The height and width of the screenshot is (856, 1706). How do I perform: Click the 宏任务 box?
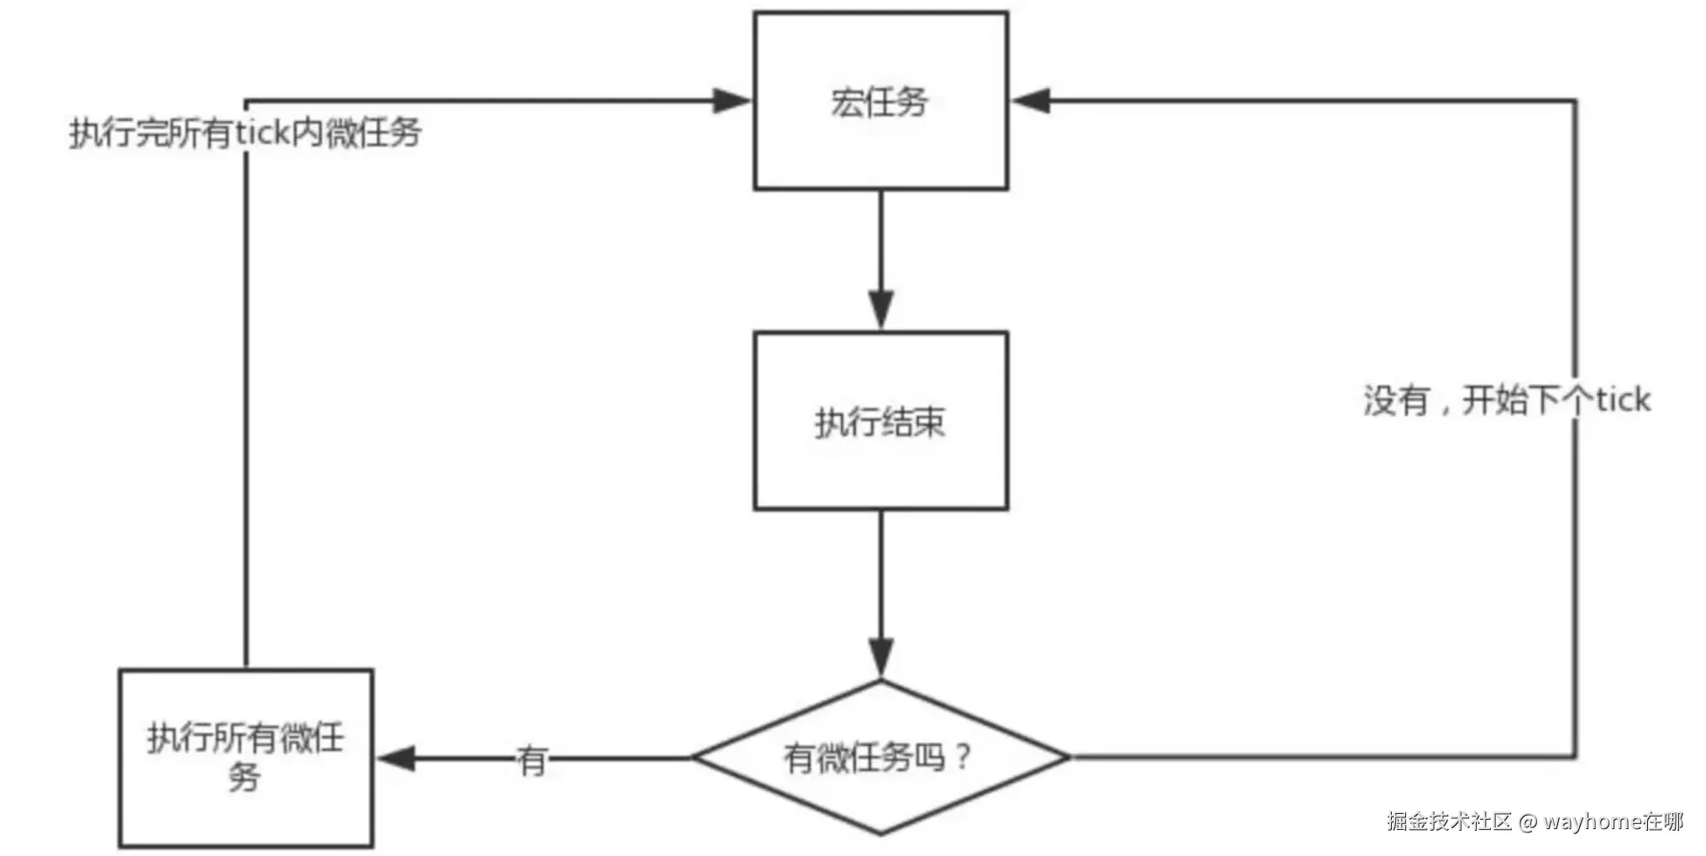(880, 101)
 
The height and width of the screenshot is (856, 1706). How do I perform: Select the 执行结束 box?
(880, 421)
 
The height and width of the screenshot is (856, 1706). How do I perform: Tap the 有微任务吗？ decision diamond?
(880, 757)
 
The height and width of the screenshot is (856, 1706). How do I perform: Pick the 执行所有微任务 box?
(245, 758)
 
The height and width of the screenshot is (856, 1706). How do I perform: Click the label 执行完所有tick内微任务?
(244, 133)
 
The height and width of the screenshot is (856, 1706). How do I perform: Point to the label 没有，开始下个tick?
(1506, 400)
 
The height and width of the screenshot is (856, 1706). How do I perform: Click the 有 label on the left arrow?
(532, 761)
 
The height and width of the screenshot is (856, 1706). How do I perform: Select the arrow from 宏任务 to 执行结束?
(880, 252)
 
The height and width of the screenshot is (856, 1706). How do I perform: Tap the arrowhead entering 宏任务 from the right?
(1031, 101)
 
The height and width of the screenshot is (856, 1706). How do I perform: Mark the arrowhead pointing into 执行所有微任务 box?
(396, 759)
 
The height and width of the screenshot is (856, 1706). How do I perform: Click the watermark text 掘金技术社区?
(1449, 821)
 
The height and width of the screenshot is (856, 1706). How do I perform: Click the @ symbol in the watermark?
(1527, 822)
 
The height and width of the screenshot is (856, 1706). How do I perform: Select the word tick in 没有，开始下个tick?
(1623, 400)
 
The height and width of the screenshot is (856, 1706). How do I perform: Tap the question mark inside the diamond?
(963, 756)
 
